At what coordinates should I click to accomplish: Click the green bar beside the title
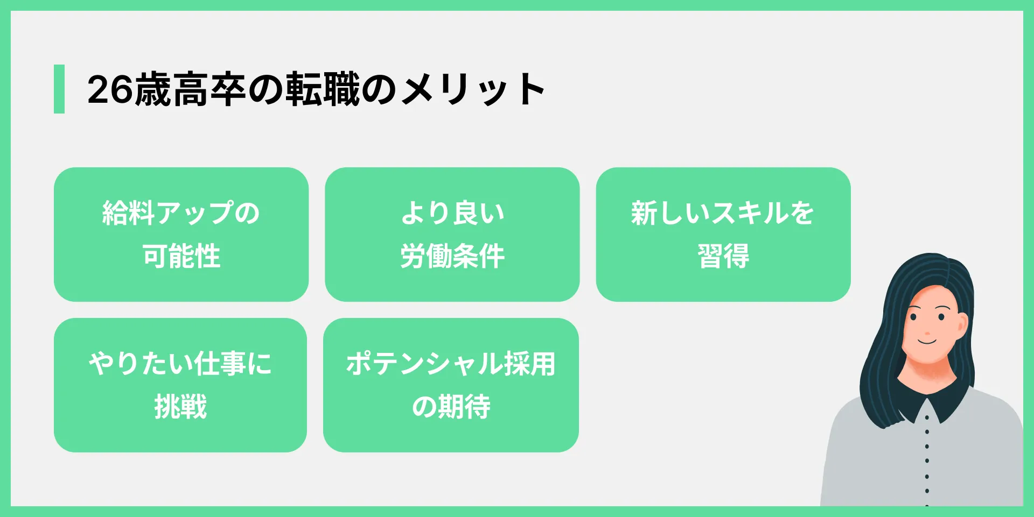tap(59, 89)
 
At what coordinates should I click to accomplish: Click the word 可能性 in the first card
tap(181, 256)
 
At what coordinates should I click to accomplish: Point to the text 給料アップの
tap(181, 213)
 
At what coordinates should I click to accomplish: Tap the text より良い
tap(452, 213)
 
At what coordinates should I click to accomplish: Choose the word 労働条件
tap(452, 256)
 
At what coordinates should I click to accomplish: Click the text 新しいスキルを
tap(723, 213)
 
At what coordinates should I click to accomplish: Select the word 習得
tap(723, 256)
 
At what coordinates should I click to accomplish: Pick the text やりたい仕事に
tap(180, 364)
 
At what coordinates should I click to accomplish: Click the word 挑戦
tap(180, 407)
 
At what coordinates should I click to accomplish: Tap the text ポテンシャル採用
tap(451, 364)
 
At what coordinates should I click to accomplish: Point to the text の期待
tap(451, 407)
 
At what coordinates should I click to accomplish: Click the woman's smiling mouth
tap(927, 341)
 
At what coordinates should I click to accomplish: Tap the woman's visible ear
tap(962, 325)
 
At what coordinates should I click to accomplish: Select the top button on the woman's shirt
tap(927, 417)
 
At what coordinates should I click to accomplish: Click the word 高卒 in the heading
tap(211, 89)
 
